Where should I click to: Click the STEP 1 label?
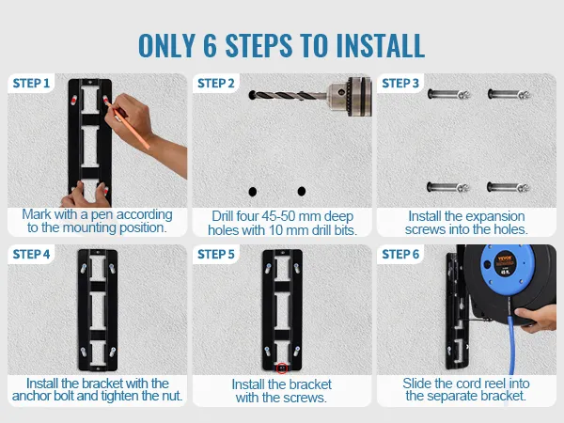(31, 84)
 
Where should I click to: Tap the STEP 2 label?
(216, 84)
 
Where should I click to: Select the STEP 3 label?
(400, 84)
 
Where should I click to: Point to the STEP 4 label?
(31, 255)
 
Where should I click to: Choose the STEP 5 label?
(216, 255)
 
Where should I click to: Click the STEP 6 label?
(400, 255)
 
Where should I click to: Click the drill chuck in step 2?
(350, 97)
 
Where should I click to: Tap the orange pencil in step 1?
(128, 124)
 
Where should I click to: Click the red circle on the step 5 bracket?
(282, 368)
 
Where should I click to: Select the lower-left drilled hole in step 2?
(253, 192)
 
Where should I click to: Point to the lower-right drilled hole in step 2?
(302, 192)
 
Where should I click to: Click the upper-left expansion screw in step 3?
(449, 95)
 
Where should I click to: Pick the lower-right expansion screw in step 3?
(509, 187)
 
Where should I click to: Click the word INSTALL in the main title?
(381, 46)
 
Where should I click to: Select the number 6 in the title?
(210, 46)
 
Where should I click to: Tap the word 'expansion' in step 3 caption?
(484, 217)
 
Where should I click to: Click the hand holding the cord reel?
(535, 318)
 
